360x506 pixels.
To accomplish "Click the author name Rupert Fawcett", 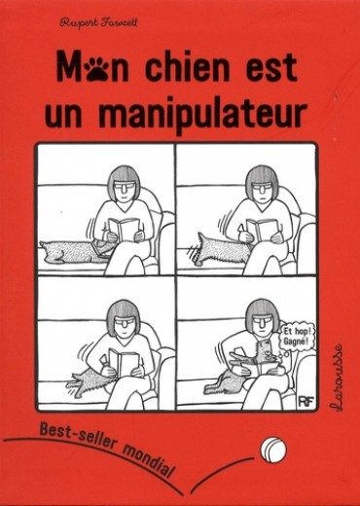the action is click(98, 23).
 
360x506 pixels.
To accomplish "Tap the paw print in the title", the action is click(96, 69).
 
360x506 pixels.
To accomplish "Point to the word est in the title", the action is click(271, 68).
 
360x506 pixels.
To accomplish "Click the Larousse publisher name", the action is click(337, 378).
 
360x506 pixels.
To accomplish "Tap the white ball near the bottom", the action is click(273, 450).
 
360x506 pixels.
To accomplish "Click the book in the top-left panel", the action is click(125, 229).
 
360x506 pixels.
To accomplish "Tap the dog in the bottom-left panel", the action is click(90, 379).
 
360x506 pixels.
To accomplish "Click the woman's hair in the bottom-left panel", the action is click(124, 312).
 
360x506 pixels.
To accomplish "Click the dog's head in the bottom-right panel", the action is click(267, 352).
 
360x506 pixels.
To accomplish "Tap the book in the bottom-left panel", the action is click(125, 362).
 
